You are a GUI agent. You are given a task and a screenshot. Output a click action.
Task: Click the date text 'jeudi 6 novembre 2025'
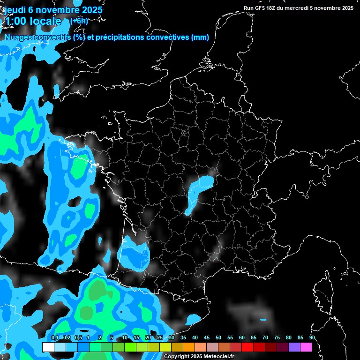pos(53,10)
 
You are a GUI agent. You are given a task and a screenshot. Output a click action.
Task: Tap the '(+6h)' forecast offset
pos(79,21)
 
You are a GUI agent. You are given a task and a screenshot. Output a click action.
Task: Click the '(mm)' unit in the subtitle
pos(200,37)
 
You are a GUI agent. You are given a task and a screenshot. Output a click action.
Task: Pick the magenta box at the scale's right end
pos(306,347)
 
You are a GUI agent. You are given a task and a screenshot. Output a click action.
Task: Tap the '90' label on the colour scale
pos(312,337)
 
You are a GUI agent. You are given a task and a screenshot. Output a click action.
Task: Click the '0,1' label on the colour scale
pos(54,337)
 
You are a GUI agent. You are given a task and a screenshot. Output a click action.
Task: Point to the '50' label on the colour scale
pos(218,337)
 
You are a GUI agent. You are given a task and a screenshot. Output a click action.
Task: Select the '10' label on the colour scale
pos(124,337)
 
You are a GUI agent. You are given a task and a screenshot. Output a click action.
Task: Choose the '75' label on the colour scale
pos(277,337)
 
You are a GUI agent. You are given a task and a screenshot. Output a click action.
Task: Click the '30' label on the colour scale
pos(172,337)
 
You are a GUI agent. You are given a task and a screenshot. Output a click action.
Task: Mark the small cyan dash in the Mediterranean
pos(263,320)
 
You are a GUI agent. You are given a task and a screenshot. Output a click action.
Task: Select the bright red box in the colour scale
pos(247,347)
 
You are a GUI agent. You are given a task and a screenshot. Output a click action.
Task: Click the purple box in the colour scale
pos(294,347)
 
